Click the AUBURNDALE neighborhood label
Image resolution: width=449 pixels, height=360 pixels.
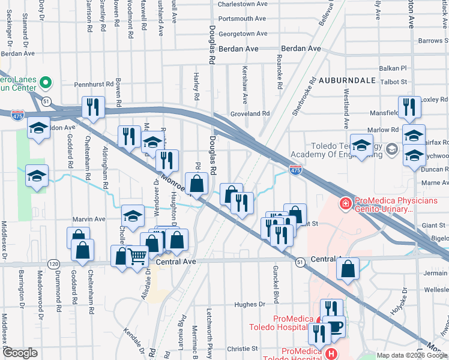tap(347, 80)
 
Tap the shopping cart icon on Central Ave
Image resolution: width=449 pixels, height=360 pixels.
tap(138, 256)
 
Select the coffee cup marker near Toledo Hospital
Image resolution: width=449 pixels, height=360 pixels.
tap(334, 327)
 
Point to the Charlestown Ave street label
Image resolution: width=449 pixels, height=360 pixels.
tap(243, 4)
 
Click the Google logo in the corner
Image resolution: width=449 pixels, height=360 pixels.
tap(20, 353)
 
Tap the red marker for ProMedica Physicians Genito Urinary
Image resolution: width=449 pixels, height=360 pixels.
tap(345, 205)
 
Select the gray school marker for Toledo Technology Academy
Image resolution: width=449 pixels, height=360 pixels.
tap(392, 148)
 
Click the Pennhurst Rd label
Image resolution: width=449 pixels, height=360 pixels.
tap(94, 85)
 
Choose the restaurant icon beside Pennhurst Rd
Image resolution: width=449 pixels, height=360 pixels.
tap(92, 107)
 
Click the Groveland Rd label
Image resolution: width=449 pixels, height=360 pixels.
tap(250, 113)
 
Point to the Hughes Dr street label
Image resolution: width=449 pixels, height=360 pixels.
tap(246, 305)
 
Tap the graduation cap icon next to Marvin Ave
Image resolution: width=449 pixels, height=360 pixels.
tap(133, 215)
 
